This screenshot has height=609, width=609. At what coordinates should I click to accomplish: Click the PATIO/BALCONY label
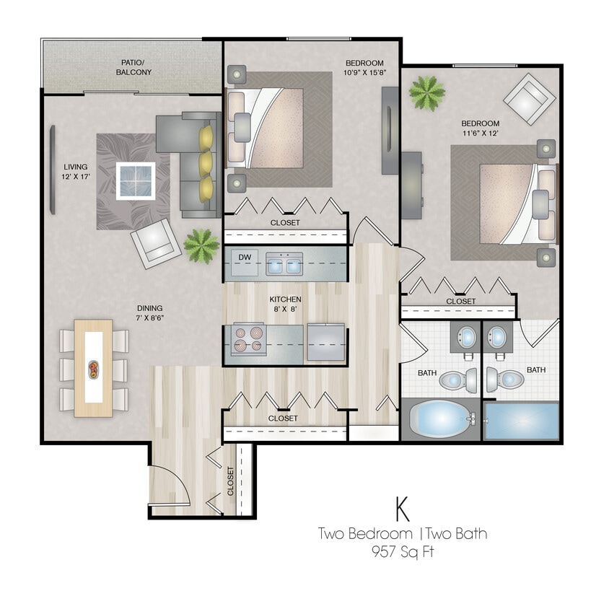point(133,67)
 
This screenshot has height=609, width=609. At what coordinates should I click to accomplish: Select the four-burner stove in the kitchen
point(247,340)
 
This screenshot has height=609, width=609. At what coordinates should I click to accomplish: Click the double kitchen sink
point(284,265)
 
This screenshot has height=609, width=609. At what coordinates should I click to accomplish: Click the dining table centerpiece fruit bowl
point(94,369)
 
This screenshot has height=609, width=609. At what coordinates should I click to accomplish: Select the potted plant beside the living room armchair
point(201,245)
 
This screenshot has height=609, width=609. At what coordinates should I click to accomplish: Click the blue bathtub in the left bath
point(439,419)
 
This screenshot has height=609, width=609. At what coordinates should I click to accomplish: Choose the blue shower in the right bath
point(521,421)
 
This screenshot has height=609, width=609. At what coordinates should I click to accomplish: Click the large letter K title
point(402,509)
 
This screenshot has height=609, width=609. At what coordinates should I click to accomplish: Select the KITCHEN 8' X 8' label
point(285,304)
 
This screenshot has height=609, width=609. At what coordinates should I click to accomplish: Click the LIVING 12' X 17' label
point(75,170)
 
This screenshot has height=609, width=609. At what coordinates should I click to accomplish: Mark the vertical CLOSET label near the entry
point(231,481)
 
